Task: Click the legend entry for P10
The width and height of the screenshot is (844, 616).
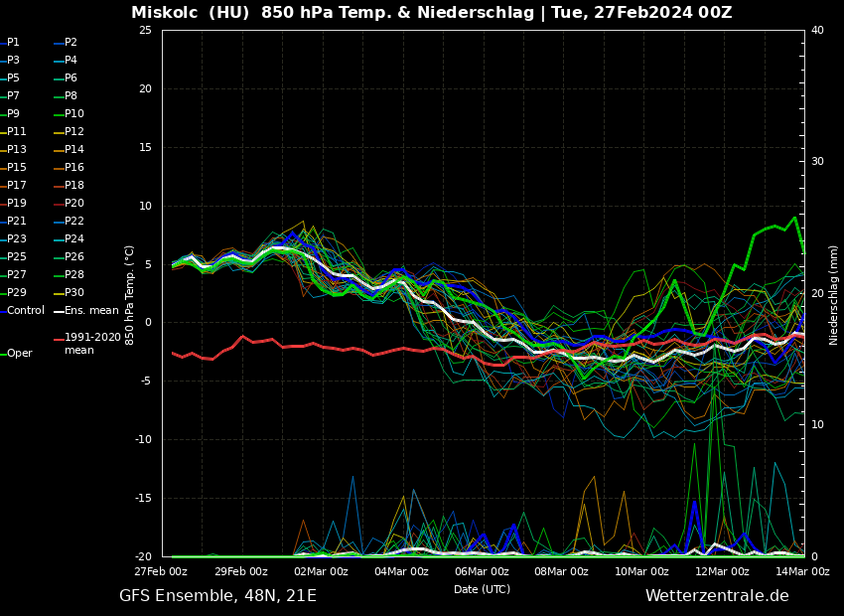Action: (74, 114)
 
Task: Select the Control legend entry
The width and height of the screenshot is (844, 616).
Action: (26, 311)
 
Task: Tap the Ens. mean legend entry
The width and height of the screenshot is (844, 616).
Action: (91, 311)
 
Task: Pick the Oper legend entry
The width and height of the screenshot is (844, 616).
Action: (20, 354)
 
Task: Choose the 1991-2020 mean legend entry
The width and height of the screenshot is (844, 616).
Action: (92, 344)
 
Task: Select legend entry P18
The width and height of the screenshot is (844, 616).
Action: (74, 186)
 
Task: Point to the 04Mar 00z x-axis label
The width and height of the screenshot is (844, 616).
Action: (401, 571)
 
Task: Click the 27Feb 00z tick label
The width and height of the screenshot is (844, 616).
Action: (161, 571)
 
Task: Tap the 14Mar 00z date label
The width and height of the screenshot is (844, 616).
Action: (802, 571)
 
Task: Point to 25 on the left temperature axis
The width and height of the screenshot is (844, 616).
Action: (145, 31)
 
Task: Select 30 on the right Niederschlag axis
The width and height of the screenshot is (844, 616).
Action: (817, 162)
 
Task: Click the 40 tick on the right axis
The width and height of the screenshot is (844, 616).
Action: (817, 31)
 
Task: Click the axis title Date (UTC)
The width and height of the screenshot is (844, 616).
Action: (482, 589)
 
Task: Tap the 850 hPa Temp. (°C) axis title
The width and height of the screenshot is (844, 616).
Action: (130, 295)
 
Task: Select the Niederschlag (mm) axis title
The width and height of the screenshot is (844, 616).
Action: (834, 295)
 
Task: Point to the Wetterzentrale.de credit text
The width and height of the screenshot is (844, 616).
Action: (717, 596)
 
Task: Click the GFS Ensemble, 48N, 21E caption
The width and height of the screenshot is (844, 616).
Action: (217, 596)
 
